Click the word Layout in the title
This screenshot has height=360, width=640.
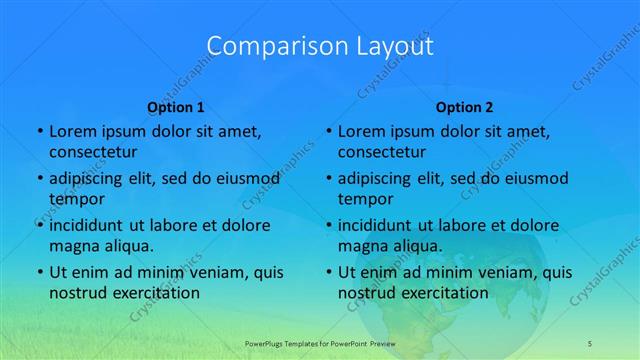[389, 46]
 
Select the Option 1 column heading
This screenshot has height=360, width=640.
[176, 107]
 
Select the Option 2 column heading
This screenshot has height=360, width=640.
[465, 107]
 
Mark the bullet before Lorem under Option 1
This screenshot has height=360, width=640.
[39, 131]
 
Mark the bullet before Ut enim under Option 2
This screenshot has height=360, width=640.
[328, 272]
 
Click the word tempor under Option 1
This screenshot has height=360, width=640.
[74, 199]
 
